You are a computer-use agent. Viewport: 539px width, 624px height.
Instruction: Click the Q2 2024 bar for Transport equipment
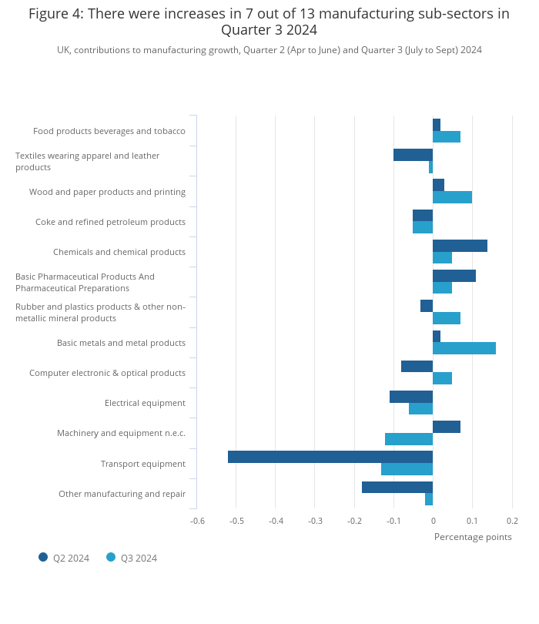click(330, 457)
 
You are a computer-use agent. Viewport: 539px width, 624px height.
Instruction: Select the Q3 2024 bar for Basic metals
click(464, 348)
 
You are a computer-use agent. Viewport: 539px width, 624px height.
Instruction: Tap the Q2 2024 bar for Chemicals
click(460, 246)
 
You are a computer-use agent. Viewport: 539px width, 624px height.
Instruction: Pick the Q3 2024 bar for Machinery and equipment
click(409, 439)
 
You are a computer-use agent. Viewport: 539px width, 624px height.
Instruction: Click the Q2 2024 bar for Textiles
click(413, 155)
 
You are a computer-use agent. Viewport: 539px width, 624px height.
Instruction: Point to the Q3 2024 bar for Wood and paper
click(452, 197)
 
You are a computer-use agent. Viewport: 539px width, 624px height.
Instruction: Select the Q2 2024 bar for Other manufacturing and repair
click(397, 487)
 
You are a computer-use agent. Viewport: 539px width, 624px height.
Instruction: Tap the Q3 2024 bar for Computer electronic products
click(442, 378)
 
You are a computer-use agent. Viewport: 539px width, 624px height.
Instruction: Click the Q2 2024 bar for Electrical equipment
click(411, 397)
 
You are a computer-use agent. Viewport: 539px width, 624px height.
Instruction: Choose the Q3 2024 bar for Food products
click(447, 136)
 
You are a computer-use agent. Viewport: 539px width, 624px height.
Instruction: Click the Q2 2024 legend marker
click(43, 557)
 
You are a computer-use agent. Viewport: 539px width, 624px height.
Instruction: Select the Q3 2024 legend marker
click(111, 557)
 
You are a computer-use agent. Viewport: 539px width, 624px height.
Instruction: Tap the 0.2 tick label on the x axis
click(512, 521)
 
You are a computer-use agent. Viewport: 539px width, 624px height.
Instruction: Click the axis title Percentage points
click(473, 537)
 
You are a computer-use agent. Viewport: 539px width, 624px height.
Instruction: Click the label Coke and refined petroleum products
click(111, 222)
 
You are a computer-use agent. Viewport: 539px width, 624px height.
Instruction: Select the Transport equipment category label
click(143, 464)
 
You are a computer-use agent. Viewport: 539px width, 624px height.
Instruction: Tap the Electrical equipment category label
click(146, 403)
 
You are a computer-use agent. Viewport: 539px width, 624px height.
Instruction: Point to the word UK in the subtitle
click(63, 50)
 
